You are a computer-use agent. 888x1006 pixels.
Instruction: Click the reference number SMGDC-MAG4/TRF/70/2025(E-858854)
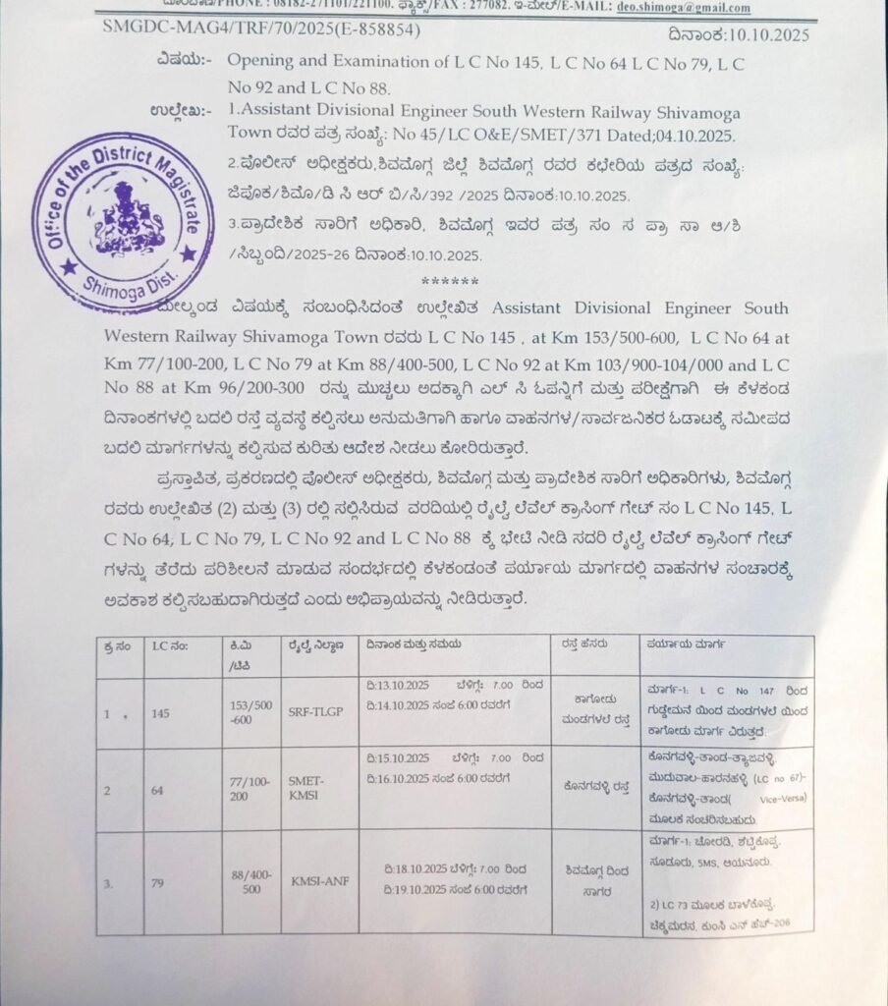click(262, 29)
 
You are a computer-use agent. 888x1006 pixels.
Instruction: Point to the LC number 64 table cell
click(161, 790)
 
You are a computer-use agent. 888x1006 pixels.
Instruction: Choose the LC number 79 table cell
click(161, 883)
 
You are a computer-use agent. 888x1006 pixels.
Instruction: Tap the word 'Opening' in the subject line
click(262, 62)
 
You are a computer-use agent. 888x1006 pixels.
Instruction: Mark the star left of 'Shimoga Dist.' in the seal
click(67, 266)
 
